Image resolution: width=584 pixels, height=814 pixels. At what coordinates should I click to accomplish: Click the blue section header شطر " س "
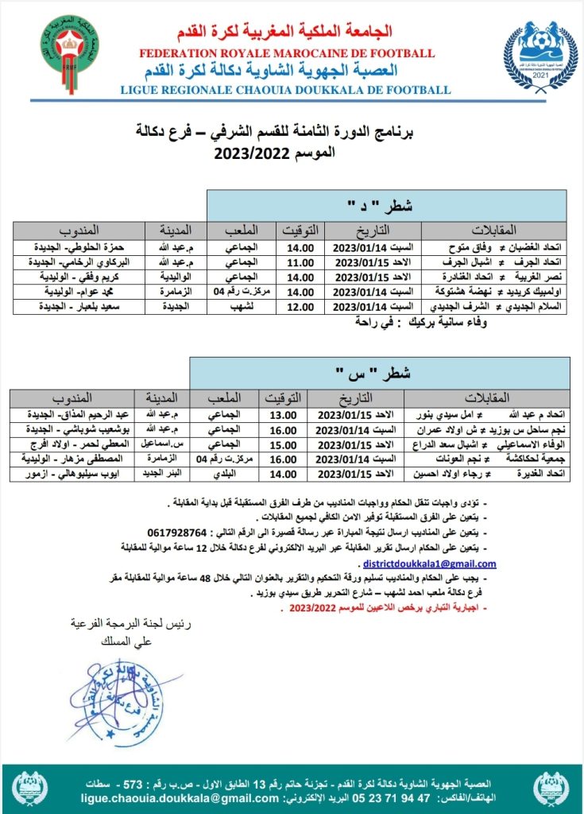(380, 372)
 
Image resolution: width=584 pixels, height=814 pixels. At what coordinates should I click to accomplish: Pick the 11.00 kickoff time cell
(300, 262)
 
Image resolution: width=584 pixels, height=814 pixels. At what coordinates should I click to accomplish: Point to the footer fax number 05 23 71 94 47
(370, 798)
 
